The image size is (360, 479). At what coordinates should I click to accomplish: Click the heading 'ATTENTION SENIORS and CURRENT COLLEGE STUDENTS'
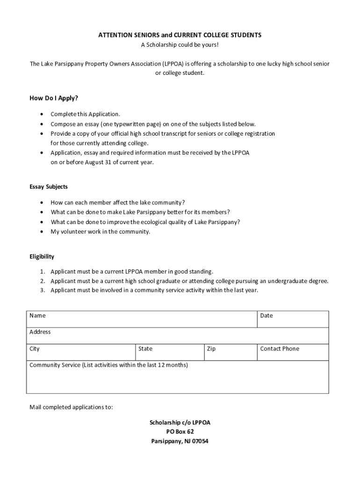point(180,36)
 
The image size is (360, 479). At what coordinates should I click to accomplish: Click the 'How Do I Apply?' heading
point(54,98)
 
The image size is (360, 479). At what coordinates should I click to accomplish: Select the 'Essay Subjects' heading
point(49,187)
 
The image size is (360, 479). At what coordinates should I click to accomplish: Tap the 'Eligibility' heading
point(42,256)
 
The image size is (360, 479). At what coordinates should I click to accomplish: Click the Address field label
point(40,332)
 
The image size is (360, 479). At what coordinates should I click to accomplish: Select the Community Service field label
point(108,365)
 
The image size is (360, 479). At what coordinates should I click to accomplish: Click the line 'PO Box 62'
point(180,432)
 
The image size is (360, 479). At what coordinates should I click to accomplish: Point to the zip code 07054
point(199,441)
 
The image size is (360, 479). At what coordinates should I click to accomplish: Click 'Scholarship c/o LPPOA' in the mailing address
point(180,422)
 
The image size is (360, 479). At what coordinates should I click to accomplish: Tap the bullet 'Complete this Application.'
point(86,114)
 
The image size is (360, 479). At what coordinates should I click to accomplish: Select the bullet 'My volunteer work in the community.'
point(101,232)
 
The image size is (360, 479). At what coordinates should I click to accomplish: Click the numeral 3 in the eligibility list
point(42,290)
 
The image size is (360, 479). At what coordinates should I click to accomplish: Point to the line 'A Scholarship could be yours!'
point(180,45)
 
